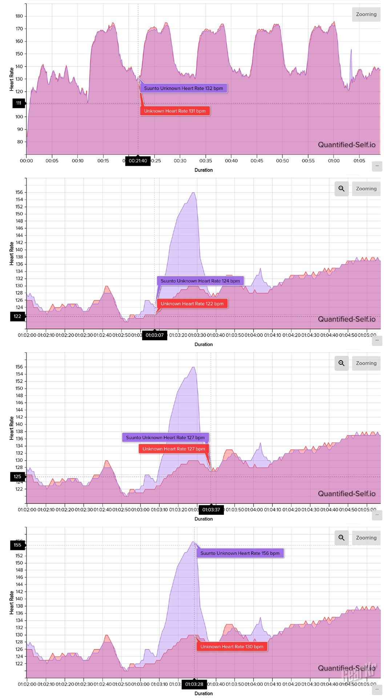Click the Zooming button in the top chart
click(x=366, y=15)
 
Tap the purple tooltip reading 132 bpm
click(x=184, y=88)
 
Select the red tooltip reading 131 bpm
click(x=175, y=111)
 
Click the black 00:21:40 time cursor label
click(x=138, y=161)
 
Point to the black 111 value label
click(x=19, y=103)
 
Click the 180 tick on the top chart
click(x=19, y=16)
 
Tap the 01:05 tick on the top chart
click(x=359, y=161)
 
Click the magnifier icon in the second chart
click(x=341, y=189)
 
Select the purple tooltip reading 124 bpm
click(x=200, y=281)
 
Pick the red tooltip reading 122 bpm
click(x=192, y=304)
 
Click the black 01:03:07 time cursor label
click(x=155, y=335)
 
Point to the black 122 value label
click(x=17, y=316)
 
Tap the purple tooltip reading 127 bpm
click(x=165, y=437)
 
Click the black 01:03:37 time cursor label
click(x=211, y=510)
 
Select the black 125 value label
click(x=17, y=477)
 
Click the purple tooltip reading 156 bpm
click(x=240, y=553)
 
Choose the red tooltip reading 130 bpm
click(x=232, y=646)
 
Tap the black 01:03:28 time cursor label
click(x=194, y=684)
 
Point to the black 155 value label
click(x=17, y=545)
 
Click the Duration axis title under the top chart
click(x=203, y=170)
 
